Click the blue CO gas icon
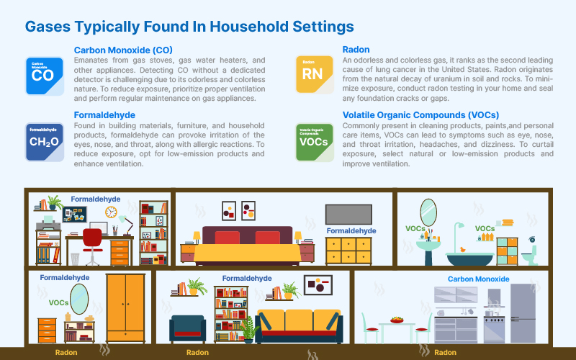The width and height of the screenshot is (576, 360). point(45,76)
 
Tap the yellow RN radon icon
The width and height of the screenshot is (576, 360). point(315,75)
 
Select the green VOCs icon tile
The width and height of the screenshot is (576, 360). point(315,142)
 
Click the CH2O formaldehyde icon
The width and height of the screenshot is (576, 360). point(45,142)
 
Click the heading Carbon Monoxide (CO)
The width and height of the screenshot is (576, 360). point(123,50)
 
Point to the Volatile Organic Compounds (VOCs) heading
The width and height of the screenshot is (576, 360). point(420,115)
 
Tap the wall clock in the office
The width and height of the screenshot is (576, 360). point(111,212)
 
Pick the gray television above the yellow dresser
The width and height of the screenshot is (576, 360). point(348,214)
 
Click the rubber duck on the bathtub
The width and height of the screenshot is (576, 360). point(462,250)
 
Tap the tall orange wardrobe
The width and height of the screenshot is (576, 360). point(125,308)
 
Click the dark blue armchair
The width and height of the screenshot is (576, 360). point(187,329)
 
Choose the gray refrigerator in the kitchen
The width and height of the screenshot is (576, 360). point(523,313)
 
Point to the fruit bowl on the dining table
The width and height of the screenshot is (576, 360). point(397,320)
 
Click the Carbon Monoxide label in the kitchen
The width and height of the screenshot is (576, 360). point(478,279)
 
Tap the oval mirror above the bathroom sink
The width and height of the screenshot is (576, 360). point(428,212)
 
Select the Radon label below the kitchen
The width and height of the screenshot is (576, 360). point(445,353)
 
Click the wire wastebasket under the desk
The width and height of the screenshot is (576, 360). point(75,259)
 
